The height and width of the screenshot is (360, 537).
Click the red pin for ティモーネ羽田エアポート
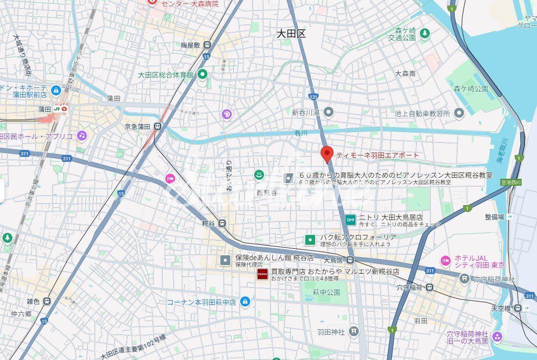(x=327, y=154)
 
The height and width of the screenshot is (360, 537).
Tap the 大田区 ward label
(x=291, y=34)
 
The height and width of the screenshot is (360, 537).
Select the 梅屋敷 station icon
(x=207, y=45)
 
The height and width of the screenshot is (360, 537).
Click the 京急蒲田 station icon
(x=158, y=126)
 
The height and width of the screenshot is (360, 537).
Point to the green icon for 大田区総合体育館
(x=202, y=74)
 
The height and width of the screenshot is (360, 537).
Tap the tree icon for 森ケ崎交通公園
(x=424, y=33)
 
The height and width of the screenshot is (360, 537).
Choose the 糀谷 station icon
(x=222, y=223)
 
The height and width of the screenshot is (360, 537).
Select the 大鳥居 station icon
(x=350, y=260)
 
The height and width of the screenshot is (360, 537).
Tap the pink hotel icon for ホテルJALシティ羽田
(x=445, y=260)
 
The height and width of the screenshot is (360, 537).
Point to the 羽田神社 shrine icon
(x=353, y=331)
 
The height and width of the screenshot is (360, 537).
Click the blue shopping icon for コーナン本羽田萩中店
(x=245, y=301)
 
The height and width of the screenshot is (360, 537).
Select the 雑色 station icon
(x=46, y=301)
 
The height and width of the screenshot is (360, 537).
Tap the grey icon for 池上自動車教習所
(x=459, y=113)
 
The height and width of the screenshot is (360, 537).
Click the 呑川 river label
(x=301, y=133)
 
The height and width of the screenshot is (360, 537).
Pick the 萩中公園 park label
(x=327, y=292)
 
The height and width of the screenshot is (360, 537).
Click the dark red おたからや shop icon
(x=262, y=274)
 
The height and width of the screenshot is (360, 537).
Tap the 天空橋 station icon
(x=518, y=308)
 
